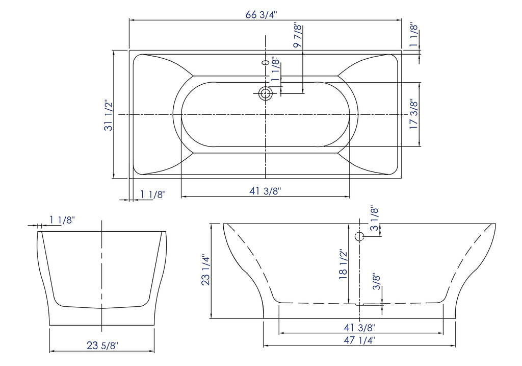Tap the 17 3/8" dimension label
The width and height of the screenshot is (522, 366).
(x=414, y=115)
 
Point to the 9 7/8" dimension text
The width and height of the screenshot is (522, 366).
(x=297, y=35)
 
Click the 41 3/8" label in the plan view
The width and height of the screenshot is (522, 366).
(x=266, y=190)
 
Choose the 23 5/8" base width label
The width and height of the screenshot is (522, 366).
(x=102, y=346)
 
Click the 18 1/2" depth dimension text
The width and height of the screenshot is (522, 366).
(x=343, y=265)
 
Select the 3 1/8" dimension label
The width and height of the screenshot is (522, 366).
(x=375, y=219)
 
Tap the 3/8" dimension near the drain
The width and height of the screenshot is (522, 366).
(x=377, y=282)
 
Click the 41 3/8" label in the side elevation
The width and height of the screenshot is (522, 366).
(x=359, y=327)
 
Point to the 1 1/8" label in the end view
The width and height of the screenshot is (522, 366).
(x=62, y=220)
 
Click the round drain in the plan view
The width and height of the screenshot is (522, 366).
(x=265, y=93)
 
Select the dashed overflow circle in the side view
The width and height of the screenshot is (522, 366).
(x=359, y=236)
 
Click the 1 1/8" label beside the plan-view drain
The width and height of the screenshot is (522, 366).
(x=275, y=70)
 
